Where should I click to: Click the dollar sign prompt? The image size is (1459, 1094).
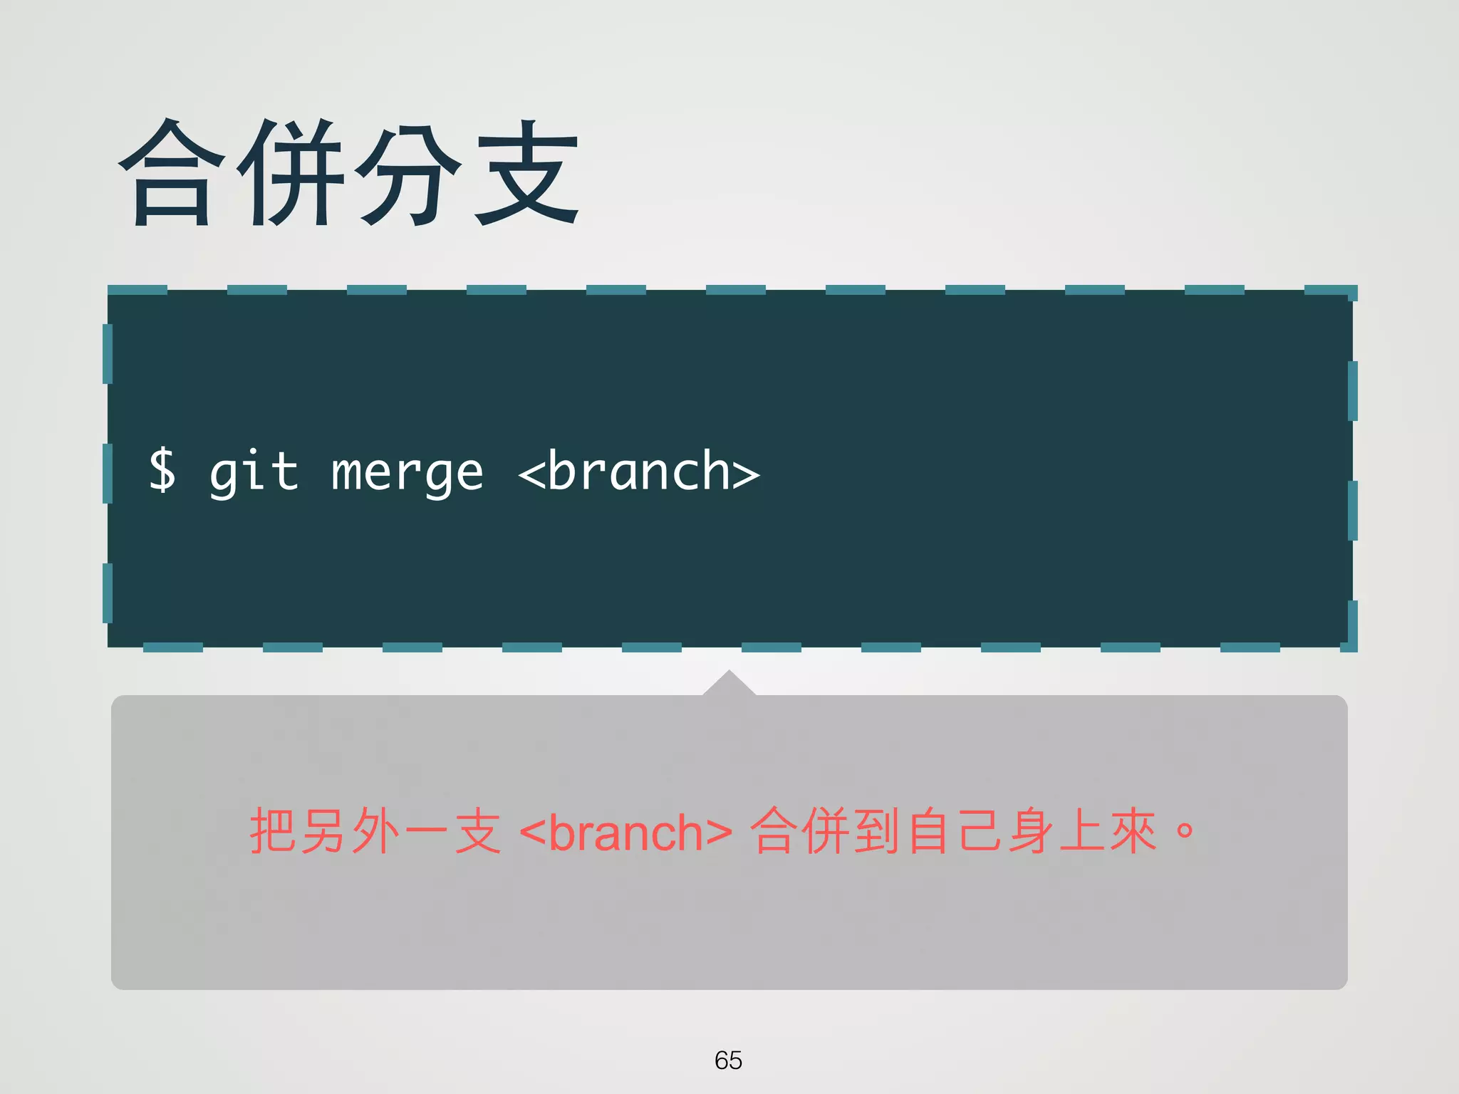[162, 470]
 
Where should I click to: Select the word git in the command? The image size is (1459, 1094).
[254, 472]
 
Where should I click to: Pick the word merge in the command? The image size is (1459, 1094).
[407, 472]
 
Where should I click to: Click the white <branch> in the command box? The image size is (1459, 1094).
[639, 471]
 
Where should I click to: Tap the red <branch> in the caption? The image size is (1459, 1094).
[625, 832]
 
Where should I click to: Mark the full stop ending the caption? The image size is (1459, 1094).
[1185, 830]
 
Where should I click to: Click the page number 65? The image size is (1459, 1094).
[728, 1061]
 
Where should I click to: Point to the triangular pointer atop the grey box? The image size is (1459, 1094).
[729, 684]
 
